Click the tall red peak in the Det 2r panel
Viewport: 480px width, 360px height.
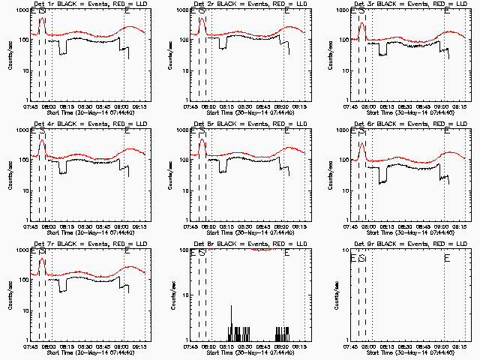tap(202, 19)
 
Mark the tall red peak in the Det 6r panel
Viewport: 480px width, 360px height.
tap(362, 142)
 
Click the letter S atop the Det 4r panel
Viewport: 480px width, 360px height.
tap(42, 131)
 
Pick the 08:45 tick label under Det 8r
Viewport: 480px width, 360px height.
tap(262, 346)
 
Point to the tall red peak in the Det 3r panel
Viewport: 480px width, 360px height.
tap(362, 23)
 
